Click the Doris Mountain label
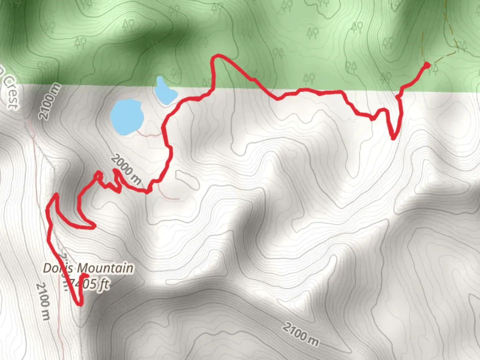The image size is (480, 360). pos(88,268)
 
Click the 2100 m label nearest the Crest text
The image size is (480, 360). pos(50,101)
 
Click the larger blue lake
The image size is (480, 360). pos(127,117)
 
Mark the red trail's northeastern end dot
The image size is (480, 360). pos(426,65)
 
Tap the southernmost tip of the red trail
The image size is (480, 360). pos(80,304)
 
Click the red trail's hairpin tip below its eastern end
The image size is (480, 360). pos(393,138)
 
